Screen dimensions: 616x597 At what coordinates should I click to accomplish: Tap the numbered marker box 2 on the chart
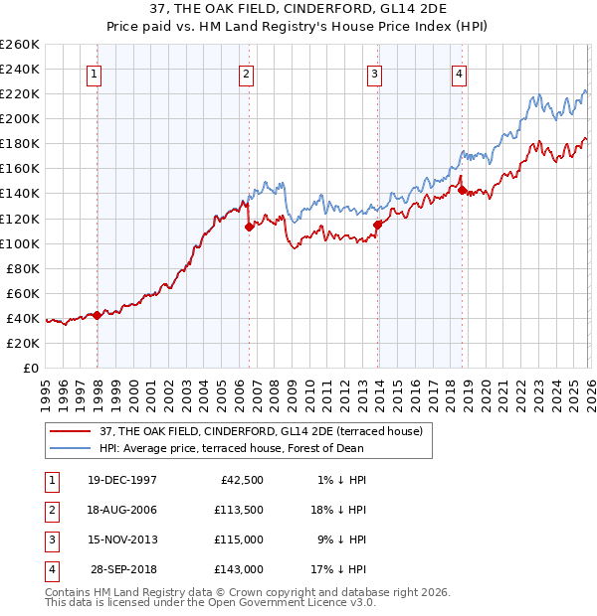coord(246,73)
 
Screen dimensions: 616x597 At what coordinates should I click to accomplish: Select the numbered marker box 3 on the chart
coord(374,73)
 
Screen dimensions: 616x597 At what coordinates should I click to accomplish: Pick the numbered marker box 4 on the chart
coord(459,73)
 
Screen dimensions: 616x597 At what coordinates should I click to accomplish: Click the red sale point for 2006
coord(250,227)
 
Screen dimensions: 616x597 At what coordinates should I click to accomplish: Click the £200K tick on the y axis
coord(19,118)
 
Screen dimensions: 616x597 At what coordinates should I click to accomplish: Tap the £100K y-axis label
coord(19,243)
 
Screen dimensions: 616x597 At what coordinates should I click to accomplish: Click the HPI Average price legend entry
coord(259,448)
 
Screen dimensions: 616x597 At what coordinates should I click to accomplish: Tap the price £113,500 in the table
coord(238,511)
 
